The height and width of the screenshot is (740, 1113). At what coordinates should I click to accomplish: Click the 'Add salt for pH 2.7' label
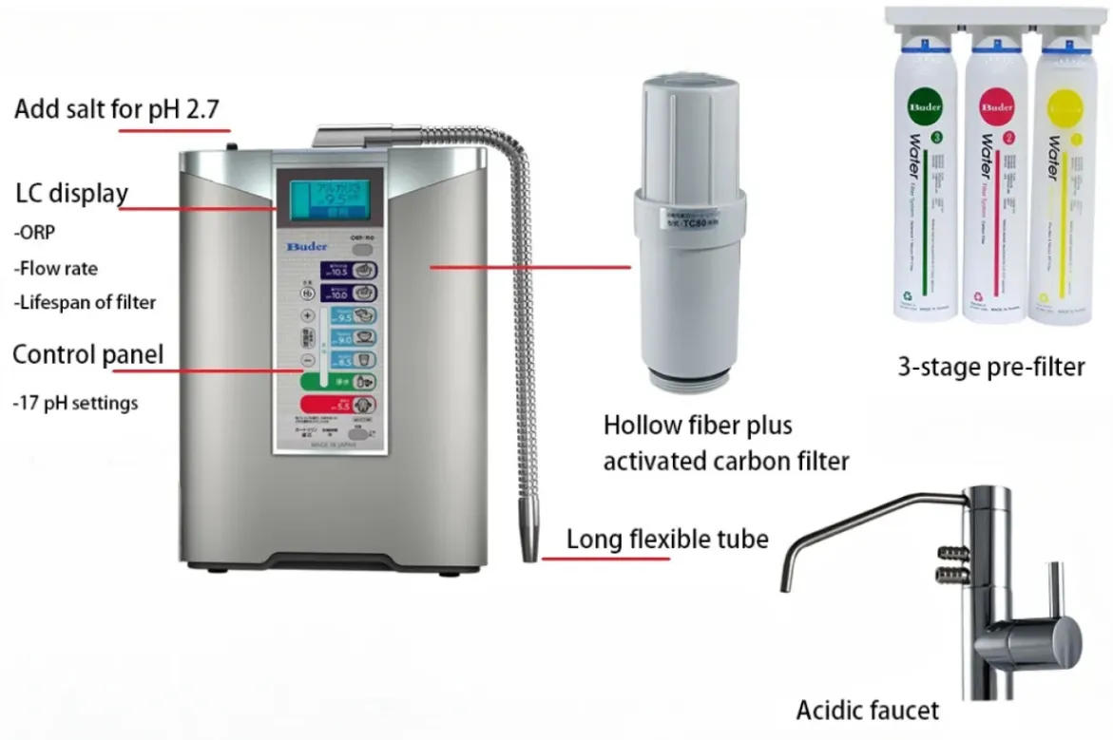point(116,109)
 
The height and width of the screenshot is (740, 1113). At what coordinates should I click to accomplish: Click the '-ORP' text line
point(34,233)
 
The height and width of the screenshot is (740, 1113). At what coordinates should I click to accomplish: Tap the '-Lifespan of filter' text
point(85,302)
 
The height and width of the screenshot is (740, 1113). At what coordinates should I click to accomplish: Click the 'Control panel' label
point(87,355)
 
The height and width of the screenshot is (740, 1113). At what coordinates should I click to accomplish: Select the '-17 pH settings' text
point(75,403)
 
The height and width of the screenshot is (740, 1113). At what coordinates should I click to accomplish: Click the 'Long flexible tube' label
point(667,539)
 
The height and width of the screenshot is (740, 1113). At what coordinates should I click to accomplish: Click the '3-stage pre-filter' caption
point(990,367)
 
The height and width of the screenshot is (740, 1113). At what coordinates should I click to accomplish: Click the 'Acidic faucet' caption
point(867,710)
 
